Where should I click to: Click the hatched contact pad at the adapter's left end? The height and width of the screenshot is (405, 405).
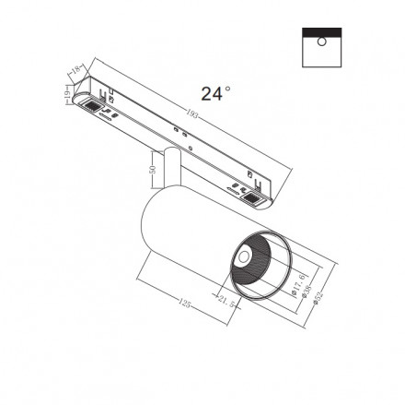(x=91, y=108)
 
